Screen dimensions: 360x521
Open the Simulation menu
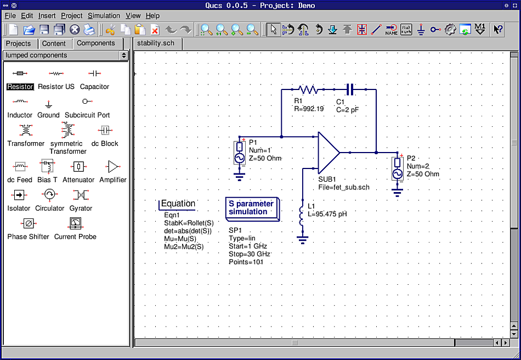point(104,16)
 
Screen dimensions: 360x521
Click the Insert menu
point(47,16)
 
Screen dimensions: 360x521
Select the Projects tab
point(19,44)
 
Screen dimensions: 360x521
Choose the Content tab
point(54,44)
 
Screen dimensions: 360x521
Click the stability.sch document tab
point(156,44)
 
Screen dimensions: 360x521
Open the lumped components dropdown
point(65,55)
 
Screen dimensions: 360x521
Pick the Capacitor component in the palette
point(94,74)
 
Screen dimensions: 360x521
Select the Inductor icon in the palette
point(20,102)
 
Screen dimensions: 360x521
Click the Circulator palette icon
point(49,194)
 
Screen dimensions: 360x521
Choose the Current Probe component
point(75,223)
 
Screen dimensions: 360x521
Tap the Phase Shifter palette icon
point(28,223)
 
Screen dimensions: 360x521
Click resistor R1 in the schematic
point(308,89)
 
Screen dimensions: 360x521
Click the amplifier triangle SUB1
point(328,152)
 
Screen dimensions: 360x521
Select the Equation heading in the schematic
point(178,204)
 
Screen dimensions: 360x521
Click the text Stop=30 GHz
point(248,255)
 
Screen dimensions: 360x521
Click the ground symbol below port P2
point(398,192)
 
